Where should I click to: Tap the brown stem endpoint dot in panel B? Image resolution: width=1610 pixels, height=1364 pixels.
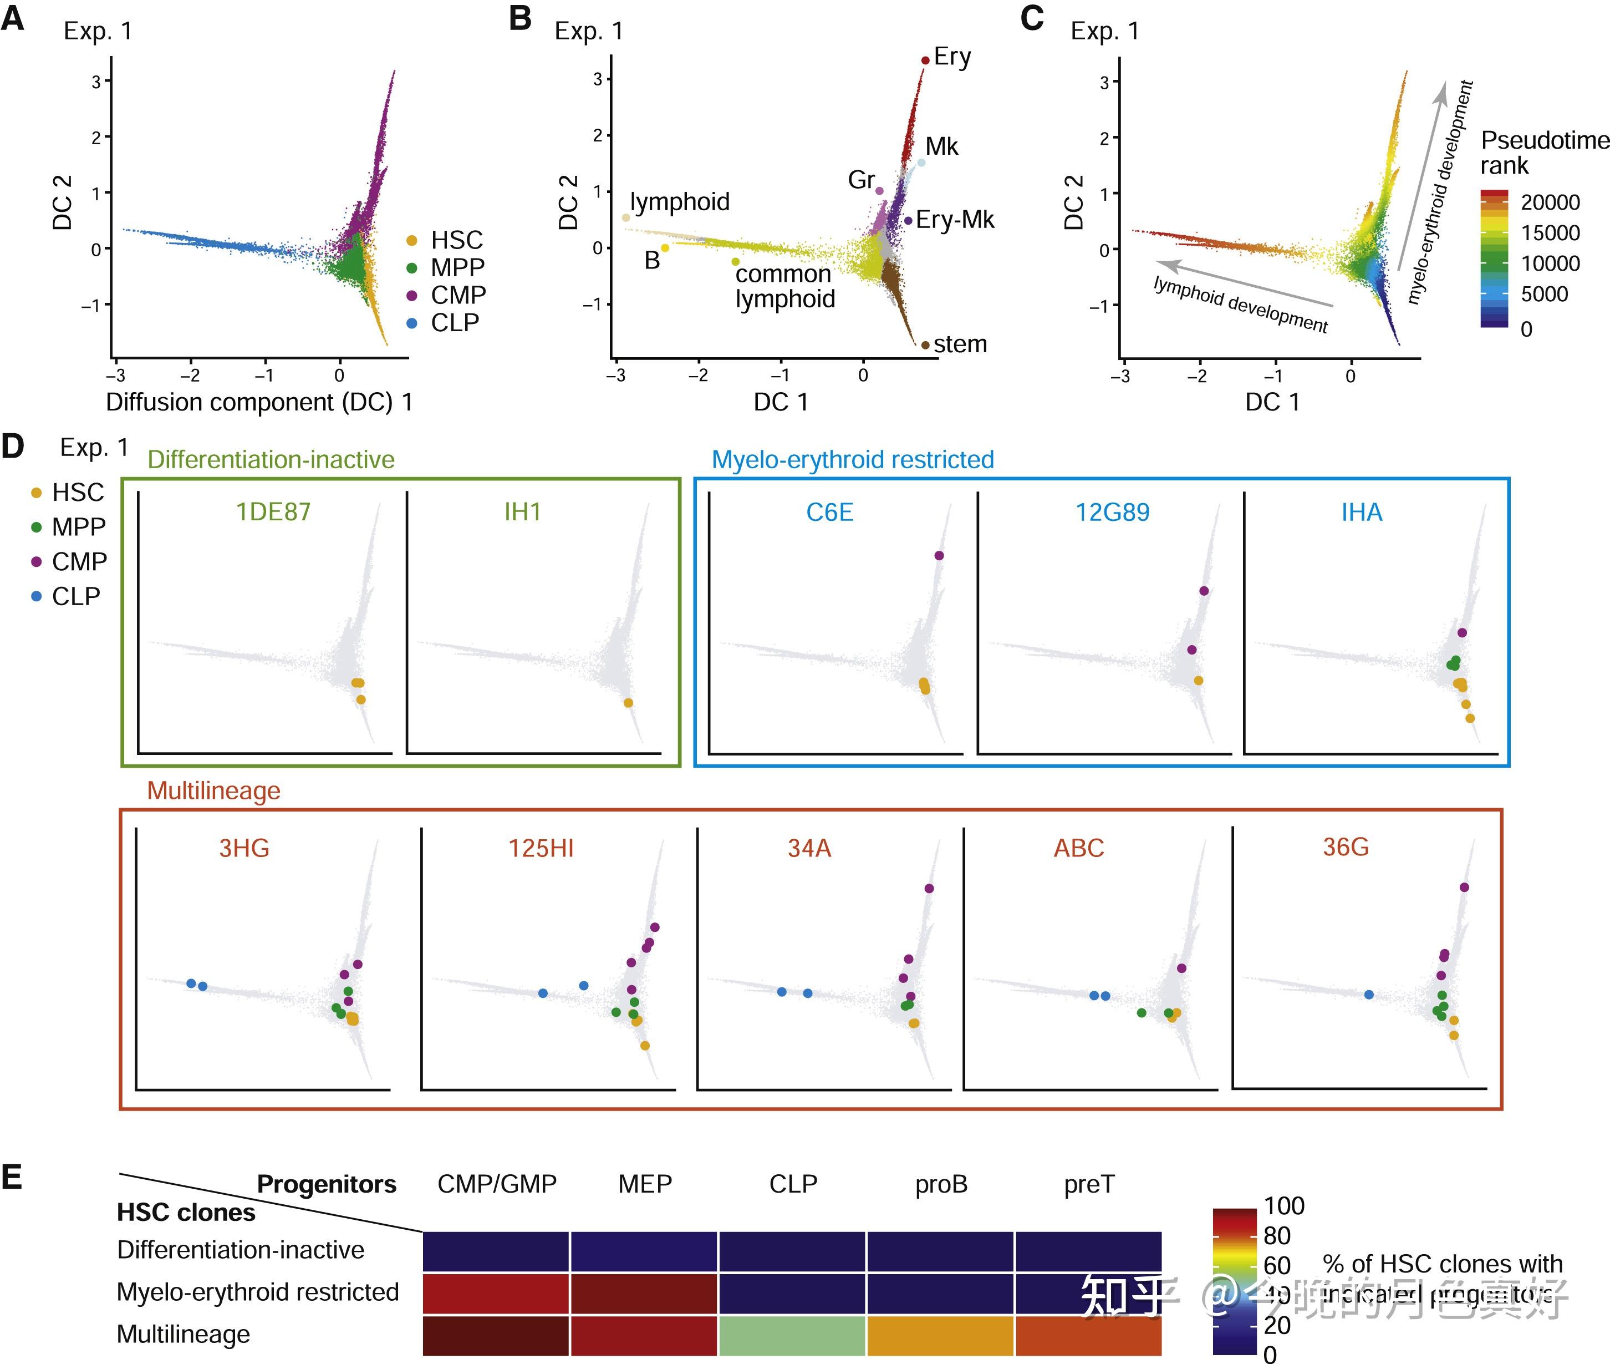[x=925, y=345]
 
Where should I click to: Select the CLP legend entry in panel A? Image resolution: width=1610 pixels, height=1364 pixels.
[x=455, y=322]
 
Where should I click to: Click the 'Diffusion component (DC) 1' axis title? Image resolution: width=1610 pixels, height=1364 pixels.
[x=259, y=402]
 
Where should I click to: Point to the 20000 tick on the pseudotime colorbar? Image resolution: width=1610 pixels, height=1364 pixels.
[x=1550, y=202]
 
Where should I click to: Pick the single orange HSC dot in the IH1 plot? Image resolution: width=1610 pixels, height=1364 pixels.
[x=628, y=703]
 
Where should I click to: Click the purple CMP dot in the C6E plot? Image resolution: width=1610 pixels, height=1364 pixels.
[x=939, y=555]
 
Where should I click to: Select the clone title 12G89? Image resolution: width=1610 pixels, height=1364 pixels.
[x=1112, y=512]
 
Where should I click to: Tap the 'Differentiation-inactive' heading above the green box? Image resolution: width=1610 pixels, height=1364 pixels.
[x=271, y=459]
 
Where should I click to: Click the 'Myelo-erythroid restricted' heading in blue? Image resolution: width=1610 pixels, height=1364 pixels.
[x=853, y=459]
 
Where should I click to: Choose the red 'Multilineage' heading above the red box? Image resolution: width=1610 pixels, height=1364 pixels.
[x=213, y=790]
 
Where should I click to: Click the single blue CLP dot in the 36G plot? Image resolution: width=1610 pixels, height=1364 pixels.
[x=1369, y=995]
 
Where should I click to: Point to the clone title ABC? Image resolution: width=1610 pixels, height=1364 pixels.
[x=1078, y=848]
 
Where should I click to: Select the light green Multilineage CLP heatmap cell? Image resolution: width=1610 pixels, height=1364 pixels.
[x=792, y=1335]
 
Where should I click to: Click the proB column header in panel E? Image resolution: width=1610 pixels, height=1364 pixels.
[x=941, y=1184]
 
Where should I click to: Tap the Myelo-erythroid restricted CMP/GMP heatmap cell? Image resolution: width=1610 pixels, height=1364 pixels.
[x=496, y=1294]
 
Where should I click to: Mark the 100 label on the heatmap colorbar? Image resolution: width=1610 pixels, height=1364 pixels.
[x=1284, y=1205]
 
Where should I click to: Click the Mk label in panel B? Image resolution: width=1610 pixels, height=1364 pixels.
[x=941, y=146]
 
